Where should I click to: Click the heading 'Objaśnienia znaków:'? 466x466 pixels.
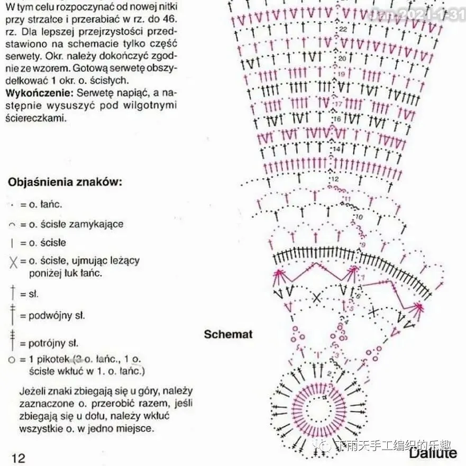pyautogui.click(x=65, y=182)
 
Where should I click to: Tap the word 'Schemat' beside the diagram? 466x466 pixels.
pyautogui.click(x=228, y=334)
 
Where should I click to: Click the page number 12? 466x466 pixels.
pyautogui.click(x=18, y=458)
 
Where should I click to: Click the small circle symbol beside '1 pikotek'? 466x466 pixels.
pyautogui.click(x=12, y=360)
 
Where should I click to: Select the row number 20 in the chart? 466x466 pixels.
pyautogui.click(x=342, y=59)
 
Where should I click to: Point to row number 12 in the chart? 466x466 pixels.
pyautogui.click(x=334, y=180)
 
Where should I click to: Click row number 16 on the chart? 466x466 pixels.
pyautogui.click(x=337, y=120)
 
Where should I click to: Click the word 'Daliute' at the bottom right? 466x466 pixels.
pyautogui.click(x=432, y=453)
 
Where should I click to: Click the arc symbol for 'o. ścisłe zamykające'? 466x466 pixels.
pyautogui.click(x=12, y=225)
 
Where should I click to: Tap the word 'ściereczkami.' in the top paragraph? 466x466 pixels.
pyautogui.click(x=35, y=118)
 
